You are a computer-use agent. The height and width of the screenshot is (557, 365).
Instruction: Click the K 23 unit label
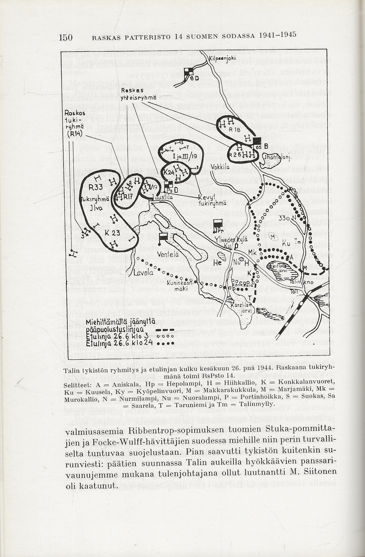pos(113,233)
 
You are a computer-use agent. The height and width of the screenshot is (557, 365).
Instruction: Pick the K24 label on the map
pos(169,172)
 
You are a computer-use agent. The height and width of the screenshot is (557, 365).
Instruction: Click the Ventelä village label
pos(168,254)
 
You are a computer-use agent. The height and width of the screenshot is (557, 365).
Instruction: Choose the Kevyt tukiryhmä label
pos(212,200)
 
